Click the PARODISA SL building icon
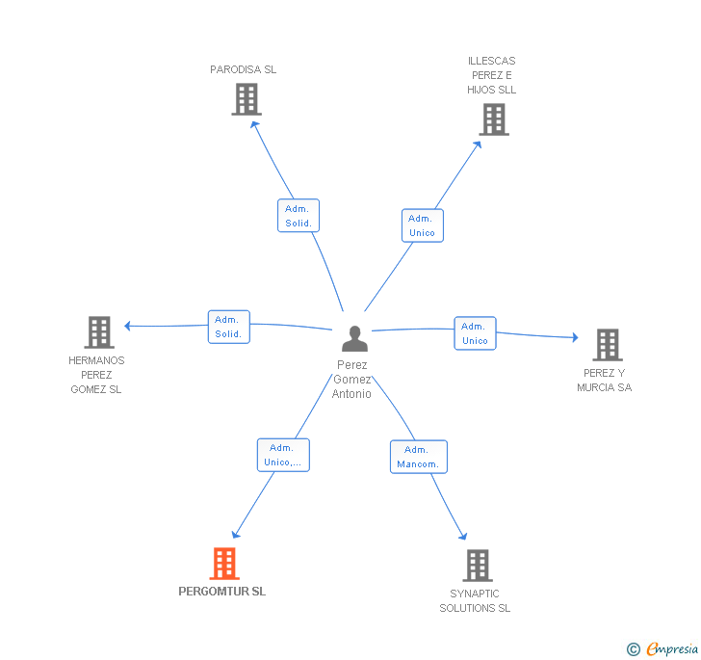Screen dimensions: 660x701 247,99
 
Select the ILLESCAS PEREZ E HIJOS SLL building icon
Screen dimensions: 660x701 493,119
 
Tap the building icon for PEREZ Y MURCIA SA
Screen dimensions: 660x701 607,344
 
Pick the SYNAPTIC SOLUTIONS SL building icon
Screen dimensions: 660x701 477,566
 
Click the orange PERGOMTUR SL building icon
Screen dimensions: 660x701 223,564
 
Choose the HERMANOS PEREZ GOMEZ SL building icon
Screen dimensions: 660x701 98,332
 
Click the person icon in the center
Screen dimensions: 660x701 354,339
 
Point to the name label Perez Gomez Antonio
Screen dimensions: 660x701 351,380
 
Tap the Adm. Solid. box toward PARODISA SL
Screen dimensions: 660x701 298,216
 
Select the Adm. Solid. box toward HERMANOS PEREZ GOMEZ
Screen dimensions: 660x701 228,327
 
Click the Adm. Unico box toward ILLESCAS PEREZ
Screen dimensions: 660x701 422,225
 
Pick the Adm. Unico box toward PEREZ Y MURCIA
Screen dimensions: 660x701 475,333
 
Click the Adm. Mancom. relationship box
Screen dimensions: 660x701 418,457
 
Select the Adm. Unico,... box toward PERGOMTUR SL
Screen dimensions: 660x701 283,455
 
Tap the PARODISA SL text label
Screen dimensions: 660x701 244,69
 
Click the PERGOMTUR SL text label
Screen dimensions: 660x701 222,592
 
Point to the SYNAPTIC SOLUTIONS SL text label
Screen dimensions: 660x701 475,601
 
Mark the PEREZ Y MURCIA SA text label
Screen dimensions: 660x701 605,381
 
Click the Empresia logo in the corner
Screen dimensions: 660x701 663,649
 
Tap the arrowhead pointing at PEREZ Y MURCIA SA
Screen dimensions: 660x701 575,337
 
